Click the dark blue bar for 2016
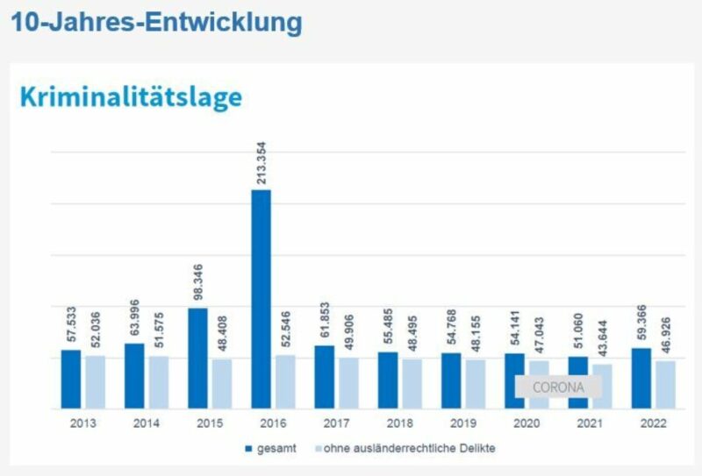tap(261, 299)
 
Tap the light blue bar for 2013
tap(96, 381)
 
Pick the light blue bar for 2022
tap(666, 384)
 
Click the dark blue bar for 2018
tap(388, 380)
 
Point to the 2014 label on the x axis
tap(147, 423)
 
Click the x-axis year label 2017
tap(337, 423)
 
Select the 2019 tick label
tap(463, 423)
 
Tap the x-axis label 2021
tap(590, 423)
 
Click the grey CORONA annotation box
tap(558, 387)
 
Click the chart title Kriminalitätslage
tap(130, 96)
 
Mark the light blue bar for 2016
tap(286, 381)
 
